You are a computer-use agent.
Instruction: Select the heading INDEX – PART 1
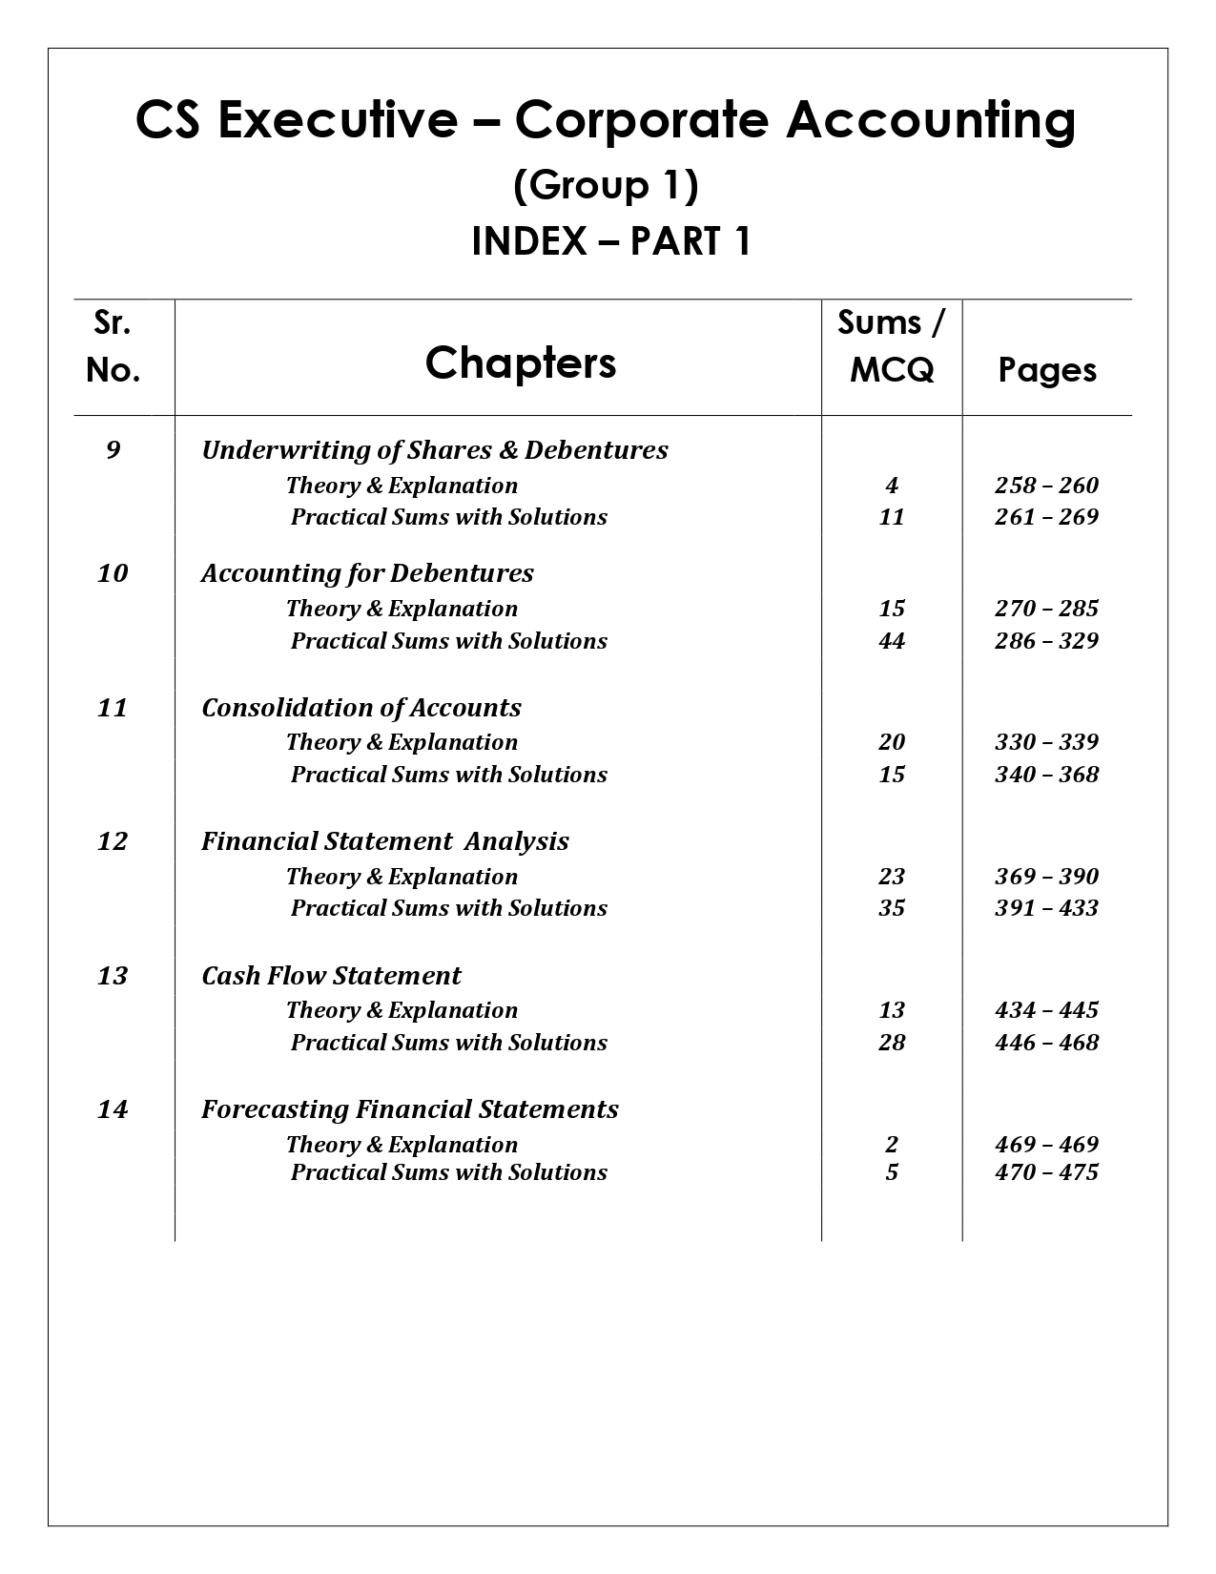[610, 242]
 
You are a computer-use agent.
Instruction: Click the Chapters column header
[521, 362]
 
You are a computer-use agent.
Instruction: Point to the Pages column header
[1047, 370]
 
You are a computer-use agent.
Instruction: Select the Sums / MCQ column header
[892, 346]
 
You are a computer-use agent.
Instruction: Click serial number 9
[113, 449]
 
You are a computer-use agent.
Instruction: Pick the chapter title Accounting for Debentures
[367, 573]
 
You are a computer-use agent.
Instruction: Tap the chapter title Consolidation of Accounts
[361, 708]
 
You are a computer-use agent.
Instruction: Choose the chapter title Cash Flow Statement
[331, 976]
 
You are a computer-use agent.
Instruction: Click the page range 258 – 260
[1046, 486]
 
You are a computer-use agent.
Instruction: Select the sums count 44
[892, 641]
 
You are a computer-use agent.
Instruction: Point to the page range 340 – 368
[1046, 775]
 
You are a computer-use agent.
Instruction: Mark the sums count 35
[892, 908]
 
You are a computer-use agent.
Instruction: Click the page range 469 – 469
[1046, 1145]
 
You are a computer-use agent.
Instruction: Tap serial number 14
[113, 1109]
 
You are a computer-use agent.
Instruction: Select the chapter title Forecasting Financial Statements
[410, 1109]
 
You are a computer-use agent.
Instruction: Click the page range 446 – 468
[1046, 1043]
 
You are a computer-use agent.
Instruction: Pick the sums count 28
[892, 1043]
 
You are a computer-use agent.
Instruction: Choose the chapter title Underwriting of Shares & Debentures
[435, 450]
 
